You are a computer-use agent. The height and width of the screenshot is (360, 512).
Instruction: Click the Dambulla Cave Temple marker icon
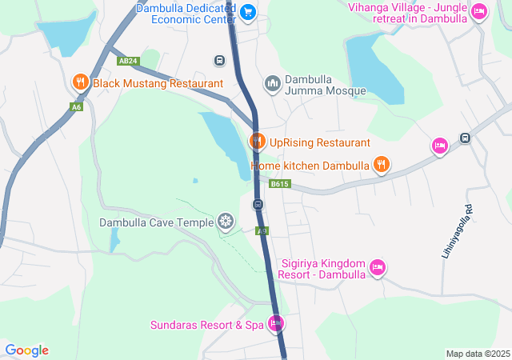(226, 222)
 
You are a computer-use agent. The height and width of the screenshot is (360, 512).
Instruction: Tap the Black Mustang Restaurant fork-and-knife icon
(80, 82)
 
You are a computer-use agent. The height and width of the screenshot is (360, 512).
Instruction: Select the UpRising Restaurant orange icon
(257, 142)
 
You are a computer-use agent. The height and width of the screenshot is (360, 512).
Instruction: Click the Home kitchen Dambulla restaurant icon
(382, 165)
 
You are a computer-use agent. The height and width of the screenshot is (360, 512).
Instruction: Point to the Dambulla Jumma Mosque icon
(273, 84)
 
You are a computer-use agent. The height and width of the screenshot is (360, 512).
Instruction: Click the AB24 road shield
(128, 61)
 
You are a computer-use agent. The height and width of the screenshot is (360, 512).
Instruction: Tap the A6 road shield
(76, 107)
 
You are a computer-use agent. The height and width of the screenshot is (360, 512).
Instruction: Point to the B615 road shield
(279, 184)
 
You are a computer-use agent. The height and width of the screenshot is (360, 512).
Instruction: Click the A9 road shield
(261, 230)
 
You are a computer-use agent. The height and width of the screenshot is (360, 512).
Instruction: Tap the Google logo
(26, 350)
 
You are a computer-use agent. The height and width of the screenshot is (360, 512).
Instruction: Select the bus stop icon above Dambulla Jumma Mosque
(218, 61)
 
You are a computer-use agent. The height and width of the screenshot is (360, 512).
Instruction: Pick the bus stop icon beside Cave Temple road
(258, 205)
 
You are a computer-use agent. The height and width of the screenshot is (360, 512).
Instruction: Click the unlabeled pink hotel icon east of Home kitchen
(439, 146)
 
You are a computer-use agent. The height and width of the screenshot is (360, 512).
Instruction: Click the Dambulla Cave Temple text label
(156, 222)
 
